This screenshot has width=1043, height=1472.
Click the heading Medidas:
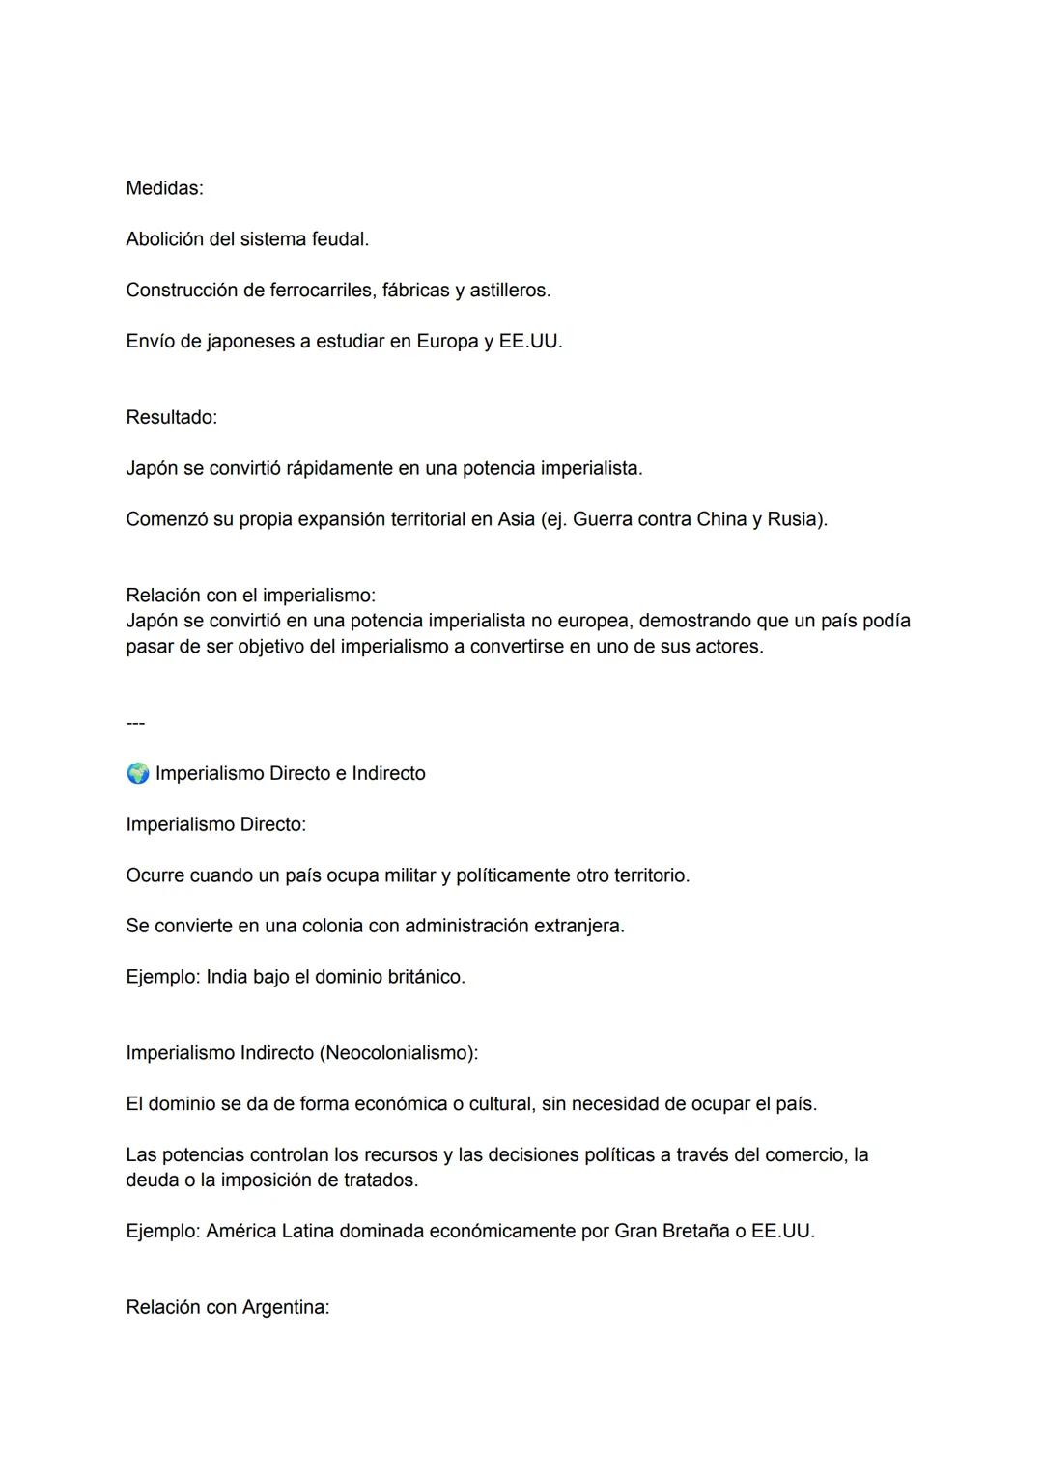[164, 188]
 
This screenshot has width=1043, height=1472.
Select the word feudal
[339, 239]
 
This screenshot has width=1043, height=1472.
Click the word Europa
[447, 342]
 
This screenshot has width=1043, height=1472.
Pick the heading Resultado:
[171, 418]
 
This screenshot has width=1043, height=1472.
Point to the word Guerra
[604, 519]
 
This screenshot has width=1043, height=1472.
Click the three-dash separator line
[135, 723]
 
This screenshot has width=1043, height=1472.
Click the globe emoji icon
[138, 773]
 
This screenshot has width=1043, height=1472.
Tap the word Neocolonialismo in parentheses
[397, 1053]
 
